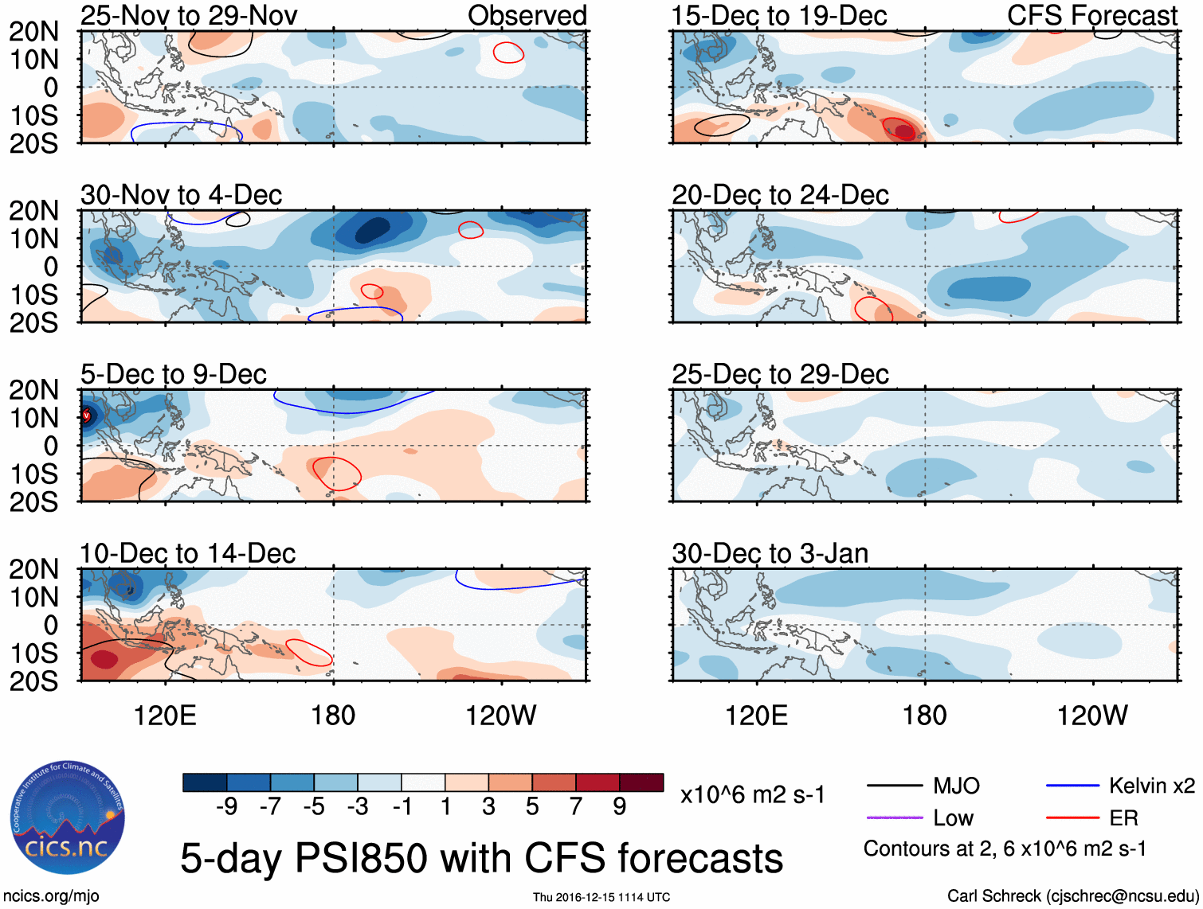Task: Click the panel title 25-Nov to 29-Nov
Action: pyautogui.click(x=189, y=15)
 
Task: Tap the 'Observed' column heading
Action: pyautogui.click(x=527, y=15)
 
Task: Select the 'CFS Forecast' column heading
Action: pyautogui.click(x=1091, y=15)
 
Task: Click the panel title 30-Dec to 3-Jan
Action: pyautogui.click(x=770, y=553)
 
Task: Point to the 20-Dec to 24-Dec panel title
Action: pyautogui.click(x=780, y=195)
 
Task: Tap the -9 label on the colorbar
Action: pyautogui.click(x=226, y=807)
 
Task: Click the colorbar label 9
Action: pyautogui.click(x=620, y=807)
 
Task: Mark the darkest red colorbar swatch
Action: pyautogui.click(x=641, y=782)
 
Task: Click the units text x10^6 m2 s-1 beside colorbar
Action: pyautogui.click(x=752, y=795)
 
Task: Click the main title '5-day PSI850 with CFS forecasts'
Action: pyautogui.click(x=481, y=858)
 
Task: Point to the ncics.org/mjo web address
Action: pyautogui.click(x=51, y=896)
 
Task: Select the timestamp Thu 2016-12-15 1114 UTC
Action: pyautogui.click(x=601, y=897)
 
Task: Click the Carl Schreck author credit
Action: pyautogui.click(x=1072, y=896)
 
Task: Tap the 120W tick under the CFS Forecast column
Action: pyautogui.click(x=1091, y=716)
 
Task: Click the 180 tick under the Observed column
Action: pyautogui.click(x=333, y=716)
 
